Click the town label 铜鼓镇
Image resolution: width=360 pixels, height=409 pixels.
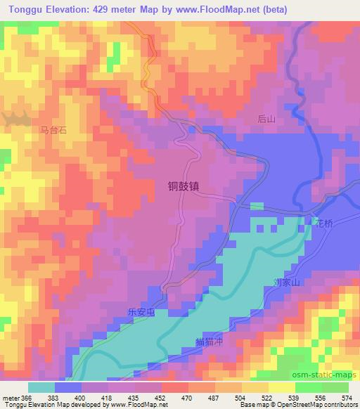[x=187, y=187]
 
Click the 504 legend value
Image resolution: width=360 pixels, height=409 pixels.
[x=240, y=397]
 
